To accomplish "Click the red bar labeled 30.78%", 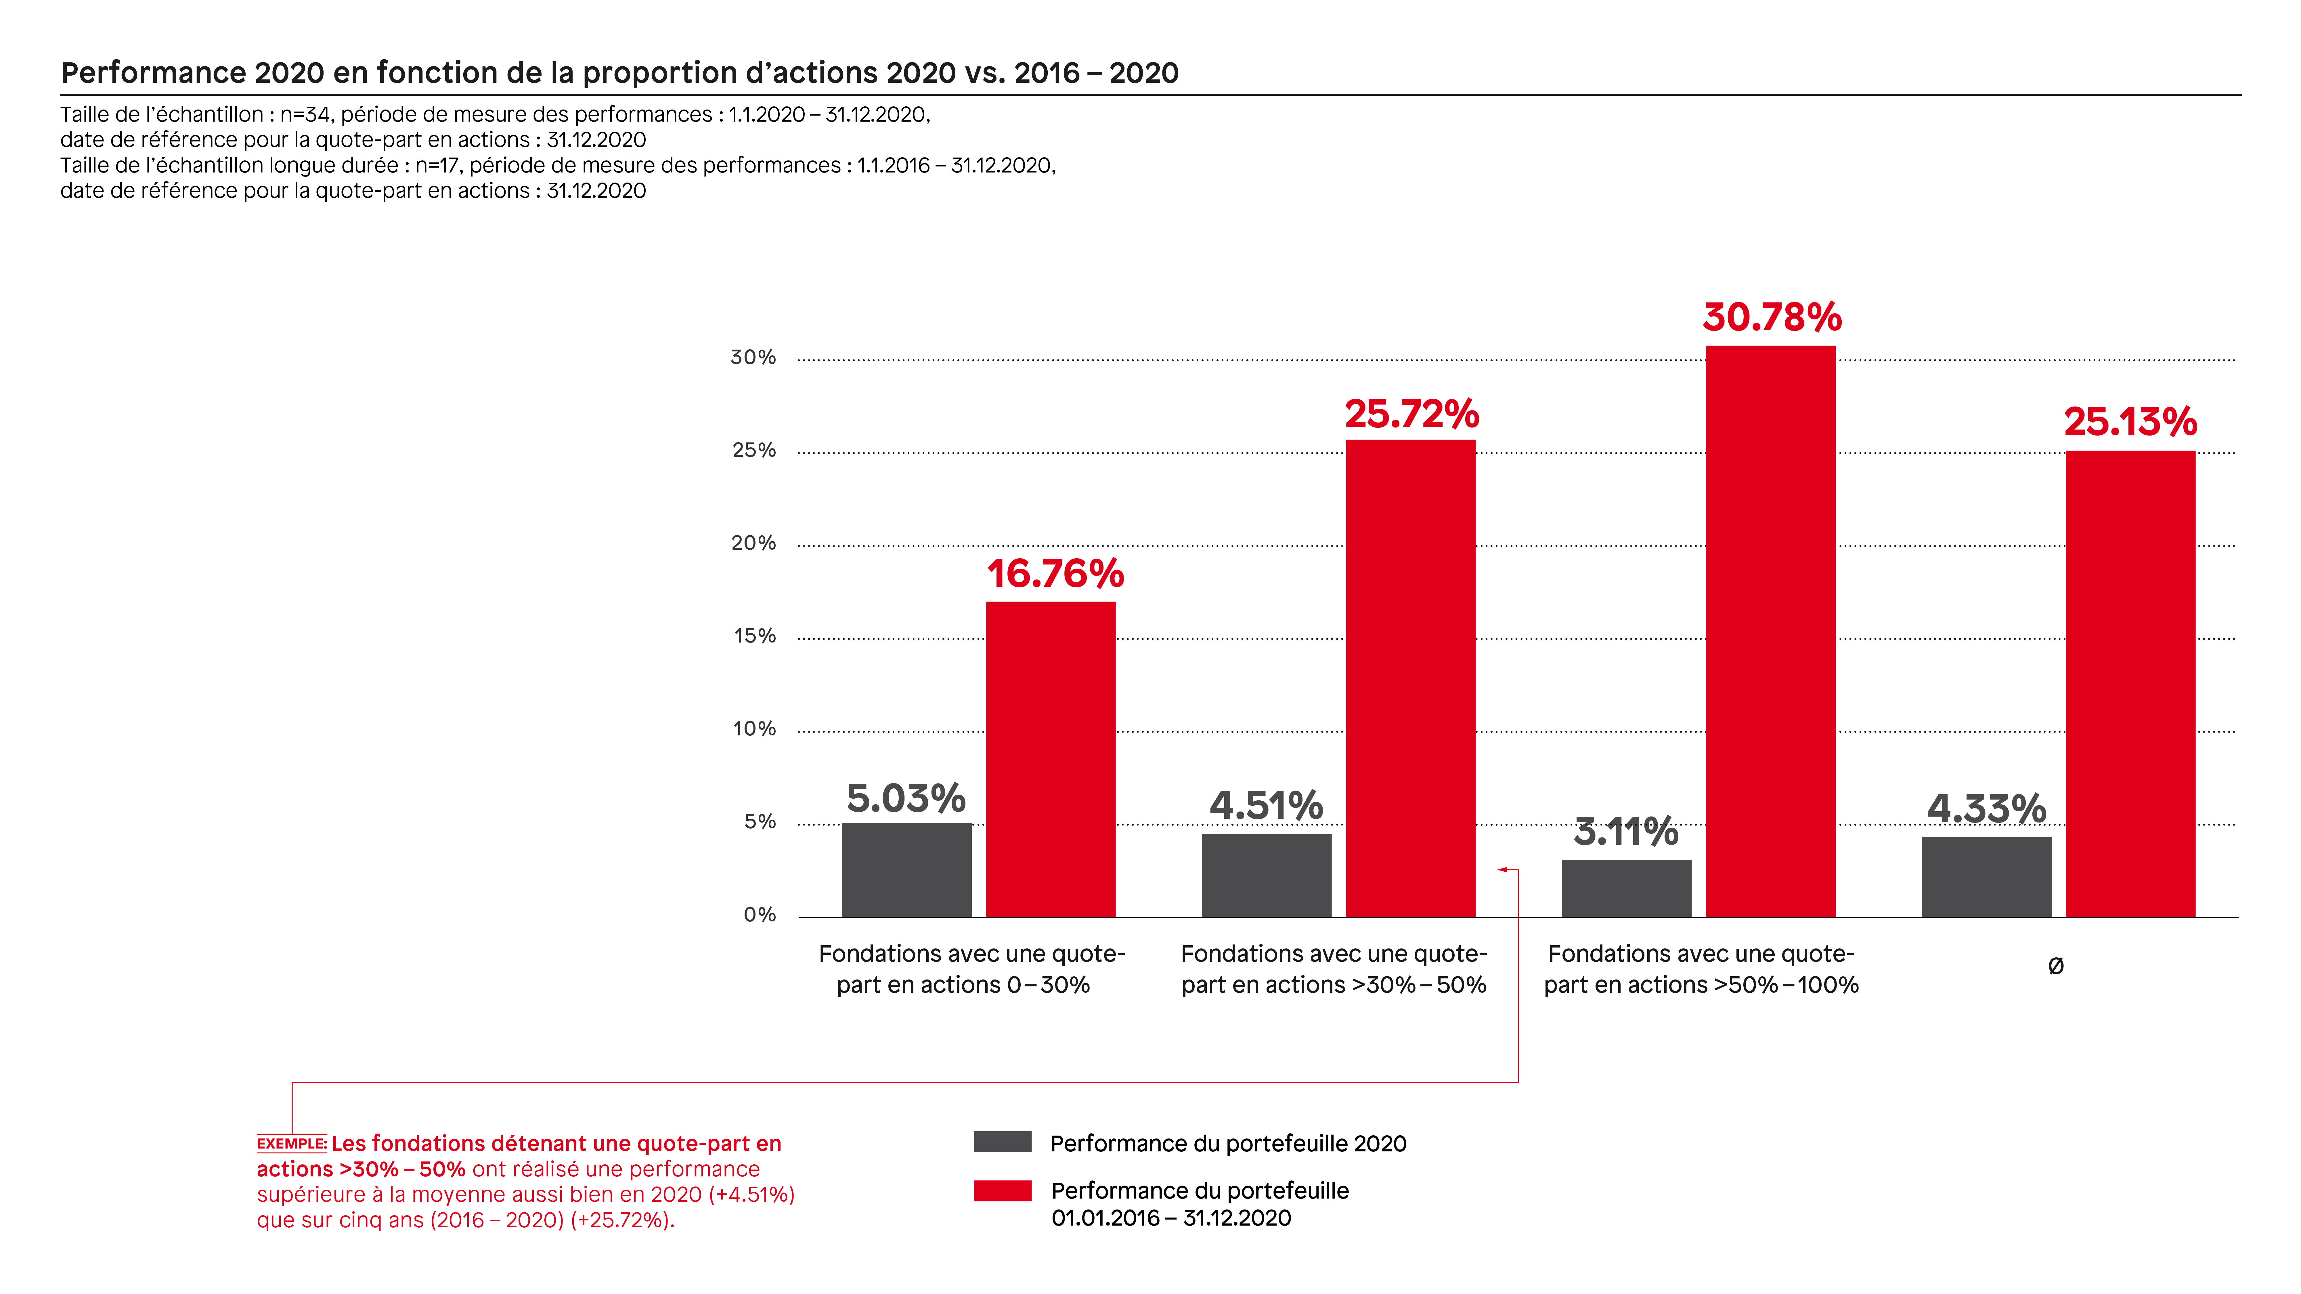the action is click(x=1770, y=631).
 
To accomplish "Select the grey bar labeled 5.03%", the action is click(x=907, y=870).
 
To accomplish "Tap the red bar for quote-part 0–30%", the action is click(x=1051, y=759).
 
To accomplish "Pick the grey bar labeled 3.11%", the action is click(x=1627, y=889).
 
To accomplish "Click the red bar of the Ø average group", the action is click(x=2130, y=684).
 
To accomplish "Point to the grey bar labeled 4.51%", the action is click(x=1267, y=875).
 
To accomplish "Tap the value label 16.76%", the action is click(x=1055, y=573).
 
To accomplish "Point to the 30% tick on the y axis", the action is click(x=753, y=357).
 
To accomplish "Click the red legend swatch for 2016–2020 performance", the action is click(x=1002, y=1191).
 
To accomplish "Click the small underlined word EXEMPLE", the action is click(x=291, y=1144).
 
